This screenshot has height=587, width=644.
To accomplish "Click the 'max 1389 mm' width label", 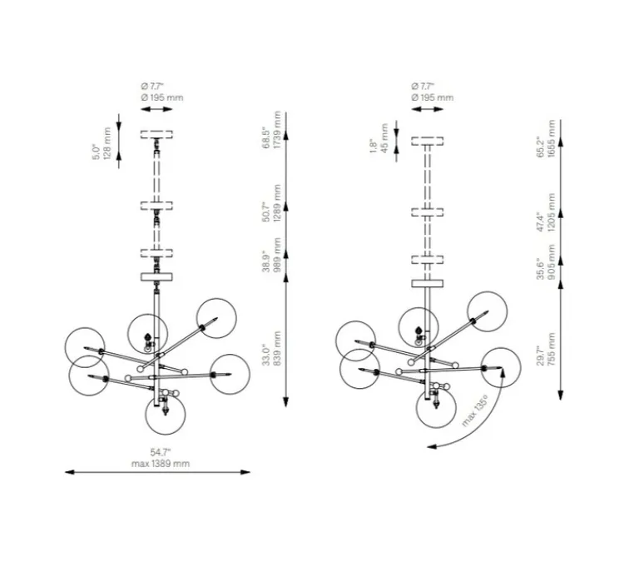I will coord(161,462).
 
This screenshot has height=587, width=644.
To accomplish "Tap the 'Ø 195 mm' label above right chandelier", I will coord(433,97).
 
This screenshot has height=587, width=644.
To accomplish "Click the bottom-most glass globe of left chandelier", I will coord(165,415).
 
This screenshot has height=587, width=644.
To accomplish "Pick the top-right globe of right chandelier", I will coord(487,310).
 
